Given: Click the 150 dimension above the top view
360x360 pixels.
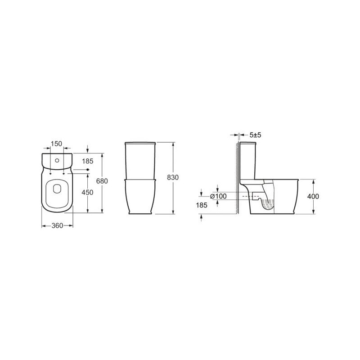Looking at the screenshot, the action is pyautogui.click(x=57, y=144).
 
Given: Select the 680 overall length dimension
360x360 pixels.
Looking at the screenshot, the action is pyautogui.click(x=102, y=181).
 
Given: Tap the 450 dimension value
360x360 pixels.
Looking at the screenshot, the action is pyautogui.click(x=87, y=192).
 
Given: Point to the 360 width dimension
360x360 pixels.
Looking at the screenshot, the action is pyautogui.click(x=57, y=226).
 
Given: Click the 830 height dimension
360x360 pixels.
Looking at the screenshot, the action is pyautogui.click(x=173, y=177).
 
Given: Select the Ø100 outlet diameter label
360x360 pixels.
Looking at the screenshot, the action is pyautogui.click(x=218, y=196).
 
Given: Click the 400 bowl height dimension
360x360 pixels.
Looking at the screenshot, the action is pyautogui.click(x=313, y=196).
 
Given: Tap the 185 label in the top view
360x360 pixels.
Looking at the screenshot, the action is pyautogui.click(x=88, y=161).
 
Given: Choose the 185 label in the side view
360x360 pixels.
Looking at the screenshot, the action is pyautogui.click(x=202, y=205).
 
